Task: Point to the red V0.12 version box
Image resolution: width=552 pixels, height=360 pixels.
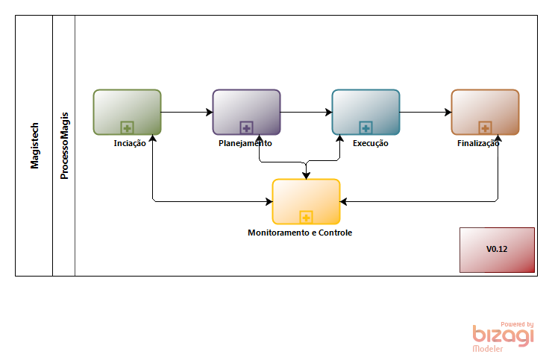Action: [x=497, y=250]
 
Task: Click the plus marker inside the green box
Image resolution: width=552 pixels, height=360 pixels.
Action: [x=127, y=127]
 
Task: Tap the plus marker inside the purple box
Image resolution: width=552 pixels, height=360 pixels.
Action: [x=246, y=127]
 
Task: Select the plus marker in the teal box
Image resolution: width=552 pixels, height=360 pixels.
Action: [x=366, y=127]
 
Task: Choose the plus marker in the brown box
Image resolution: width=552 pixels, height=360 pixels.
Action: [x=485, y=127]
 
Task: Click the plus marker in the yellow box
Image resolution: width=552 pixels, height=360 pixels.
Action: [x=306, y=217]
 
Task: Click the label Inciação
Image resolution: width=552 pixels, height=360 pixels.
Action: [x=130, y=143]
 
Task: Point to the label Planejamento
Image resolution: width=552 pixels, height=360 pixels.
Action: [x=245, y=143]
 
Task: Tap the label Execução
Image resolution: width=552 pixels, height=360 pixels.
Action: [x=370, y=143]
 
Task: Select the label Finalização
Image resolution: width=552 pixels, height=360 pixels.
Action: [x=477, y=143]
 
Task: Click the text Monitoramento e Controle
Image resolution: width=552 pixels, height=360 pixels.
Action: [x=299, y=233]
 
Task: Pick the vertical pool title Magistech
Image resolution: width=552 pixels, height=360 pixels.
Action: [x=34, y=146]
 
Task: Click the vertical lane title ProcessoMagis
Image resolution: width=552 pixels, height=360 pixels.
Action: [x=64, y=146]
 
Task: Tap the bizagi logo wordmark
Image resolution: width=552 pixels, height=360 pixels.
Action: [x=503, y=336]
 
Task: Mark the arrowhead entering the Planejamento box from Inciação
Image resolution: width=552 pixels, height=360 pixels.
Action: [x=209, y=113]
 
